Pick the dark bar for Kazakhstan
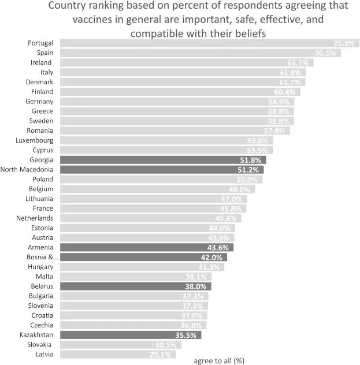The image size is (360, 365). pyautogui.click(x=133, y=334)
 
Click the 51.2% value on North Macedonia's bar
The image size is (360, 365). pyautogui.click(x=250, y=170)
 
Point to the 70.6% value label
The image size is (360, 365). pyautogui.click(x=327, y=53)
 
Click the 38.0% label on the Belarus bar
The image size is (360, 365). pyautogui.click(x=199, y=286)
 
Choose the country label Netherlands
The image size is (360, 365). pyautogui.click(x=35, y=218)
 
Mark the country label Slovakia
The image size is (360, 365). pyautogui.click(x=40, y=344)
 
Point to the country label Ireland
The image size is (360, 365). pyautogui.click(x=41, y=62)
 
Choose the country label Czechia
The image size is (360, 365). pyautogui.click(x=41, y=325)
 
